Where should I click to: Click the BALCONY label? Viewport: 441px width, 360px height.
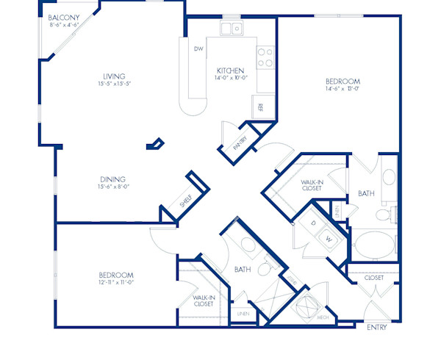[x=64, y=17]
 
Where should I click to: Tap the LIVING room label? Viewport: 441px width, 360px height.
[x=114, y=76]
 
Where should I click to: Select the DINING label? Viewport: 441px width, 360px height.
[x=113, y=179]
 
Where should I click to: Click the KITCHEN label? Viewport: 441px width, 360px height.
[x=230, y=71]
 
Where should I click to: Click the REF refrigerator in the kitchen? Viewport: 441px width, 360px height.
[x=260, y=107]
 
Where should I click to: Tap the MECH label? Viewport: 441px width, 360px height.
[x=323, y=317]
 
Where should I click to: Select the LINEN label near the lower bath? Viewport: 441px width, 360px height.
[x=242, y=314]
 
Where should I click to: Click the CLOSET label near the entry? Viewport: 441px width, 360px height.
[x=374, y=278]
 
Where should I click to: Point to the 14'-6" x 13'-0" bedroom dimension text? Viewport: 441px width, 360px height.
[x=343, y=90]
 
